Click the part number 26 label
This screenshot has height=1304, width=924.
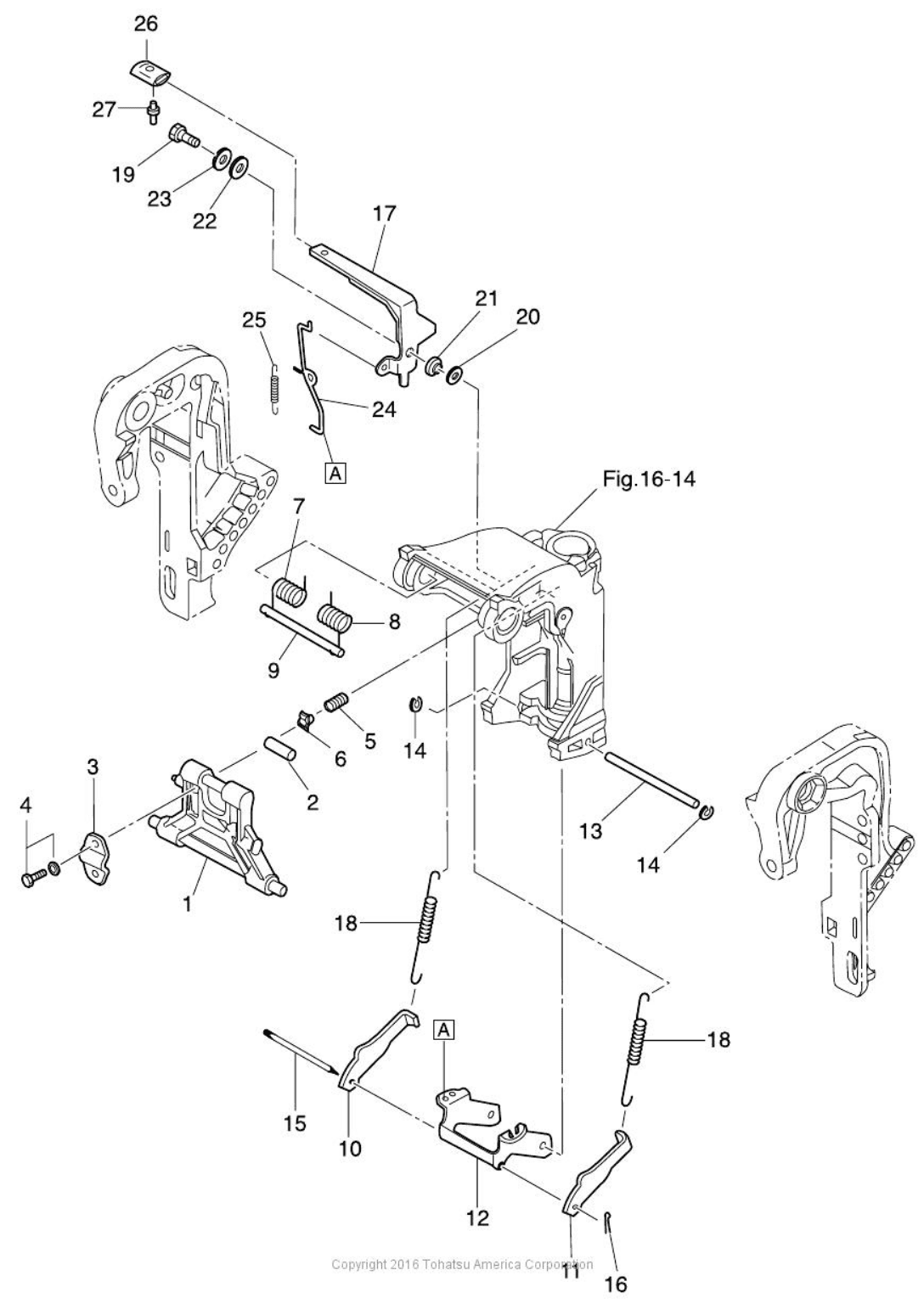click(146, 24)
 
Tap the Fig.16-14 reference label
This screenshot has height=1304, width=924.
click(649, 480)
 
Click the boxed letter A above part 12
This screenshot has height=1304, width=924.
click(444, 1030)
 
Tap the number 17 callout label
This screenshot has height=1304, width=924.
click(385, 213)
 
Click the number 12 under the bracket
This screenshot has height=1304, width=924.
click(478, 1217)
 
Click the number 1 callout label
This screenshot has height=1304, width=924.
click(187, 904)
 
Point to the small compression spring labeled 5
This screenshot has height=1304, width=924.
click(338, 702)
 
